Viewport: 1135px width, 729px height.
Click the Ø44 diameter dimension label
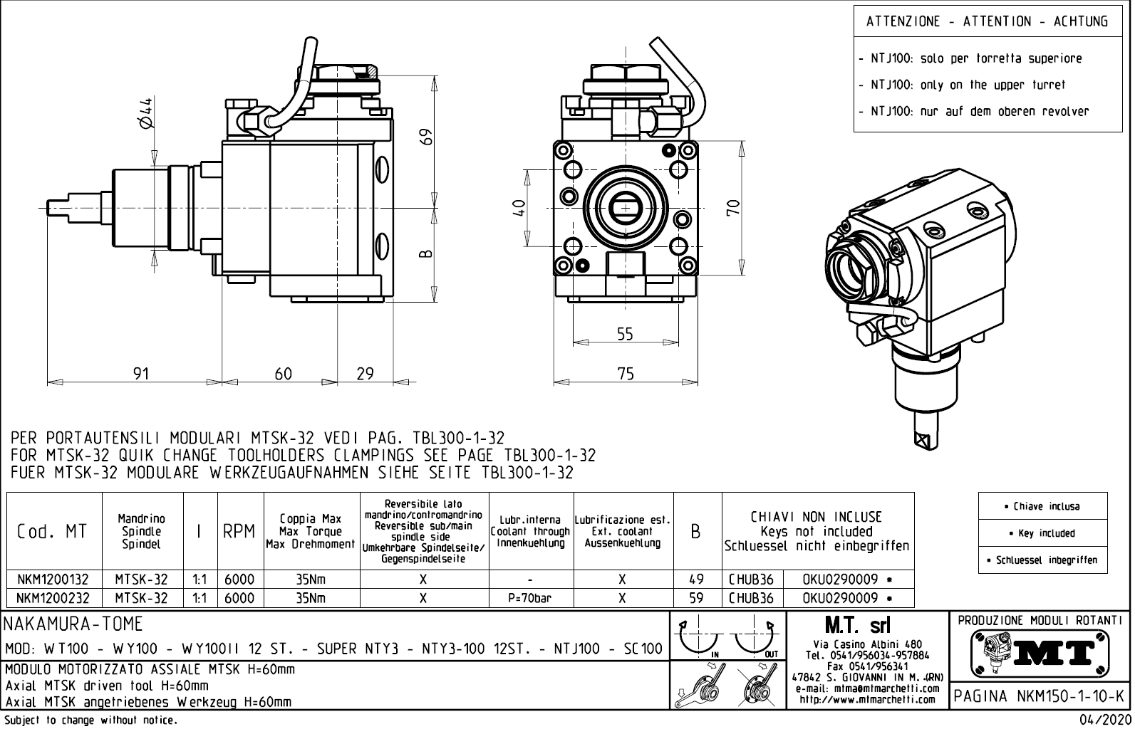pos(145,114)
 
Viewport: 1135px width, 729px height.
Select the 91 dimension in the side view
pos(141,373)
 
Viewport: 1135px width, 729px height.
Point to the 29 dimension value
pos(365,373)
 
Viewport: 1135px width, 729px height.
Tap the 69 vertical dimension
pos(425,135)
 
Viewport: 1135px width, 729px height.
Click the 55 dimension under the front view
pos(624,334)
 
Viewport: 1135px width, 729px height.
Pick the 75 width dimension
pos(625,373)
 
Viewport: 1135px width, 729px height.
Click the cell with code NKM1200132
pos(53,579)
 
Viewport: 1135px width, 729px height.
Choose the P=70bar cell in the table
pos(530,598)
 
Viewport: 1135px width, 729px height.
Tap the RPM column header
pos(239,532)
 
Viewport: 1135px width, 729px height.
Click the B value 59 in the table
pos(696,598)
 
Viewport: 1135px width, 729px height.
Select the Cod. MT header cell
pos(53,532)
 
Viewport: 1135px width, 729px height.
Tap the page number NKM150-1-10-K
pos(1041,696)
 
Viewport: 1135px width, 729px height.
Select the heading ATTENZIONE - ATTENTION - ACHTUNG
pos(987,21)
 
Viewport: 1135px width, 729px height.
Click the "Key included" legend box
pos(1042,533)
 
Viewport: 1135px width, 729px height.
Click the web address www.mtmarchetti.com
pos(867,700)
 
